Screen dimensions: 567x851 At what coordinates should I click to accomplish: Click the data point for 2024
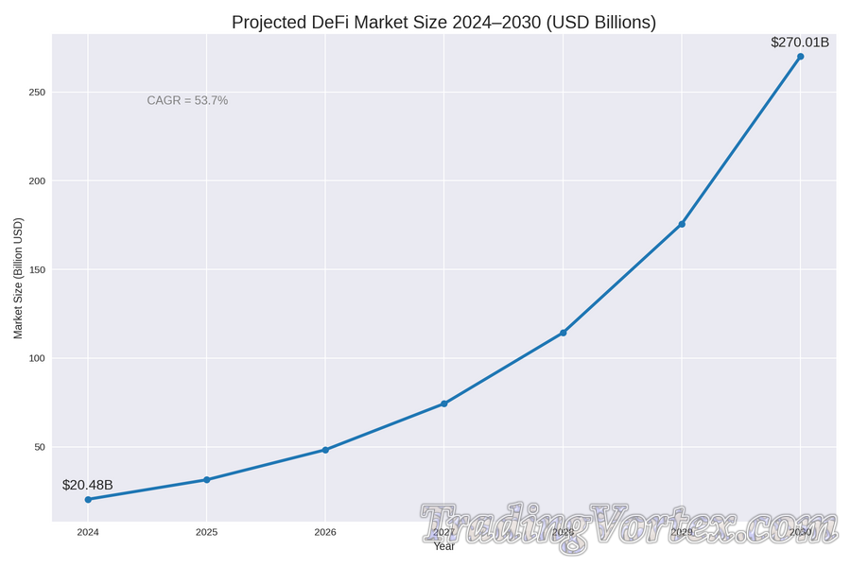click(88, 499)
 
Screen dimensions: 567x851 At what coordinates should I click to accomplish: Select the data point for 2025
click(206, 480)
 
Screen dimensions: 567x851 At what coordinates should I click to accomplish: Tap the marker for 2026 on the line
click(325, 450)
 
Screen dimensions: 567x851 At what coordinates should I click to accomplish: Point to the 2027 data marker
click(444, 404)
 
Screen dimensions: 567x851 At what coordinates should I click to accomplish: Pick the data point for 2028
click(564, 333)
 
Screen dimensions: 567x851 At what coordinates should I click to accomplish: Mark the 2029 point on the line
click(682, 224)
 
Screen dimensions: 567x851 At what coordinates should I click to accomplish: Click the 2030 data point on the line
click(800, 57)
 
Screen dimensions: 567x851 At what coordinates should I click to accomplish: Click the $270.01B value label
click(800, 43)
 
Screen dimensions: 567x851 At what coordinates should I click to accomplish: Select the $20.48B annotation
click(88, 485)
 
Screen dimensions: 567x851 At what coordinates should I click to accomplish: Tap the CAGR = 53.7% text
click(187, 100)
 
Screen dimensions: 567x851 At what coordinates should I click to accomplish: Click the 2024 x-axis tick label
click(88, 533)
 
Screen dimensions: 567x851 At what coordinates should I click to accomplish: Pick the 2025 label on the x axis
click(206, 533)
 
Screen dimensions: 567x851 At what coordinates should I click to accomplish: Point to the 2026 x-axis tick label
click(325, 533)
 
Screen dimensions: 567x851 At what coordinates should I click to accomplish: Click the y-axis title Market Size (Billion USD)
click(18, 278)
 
